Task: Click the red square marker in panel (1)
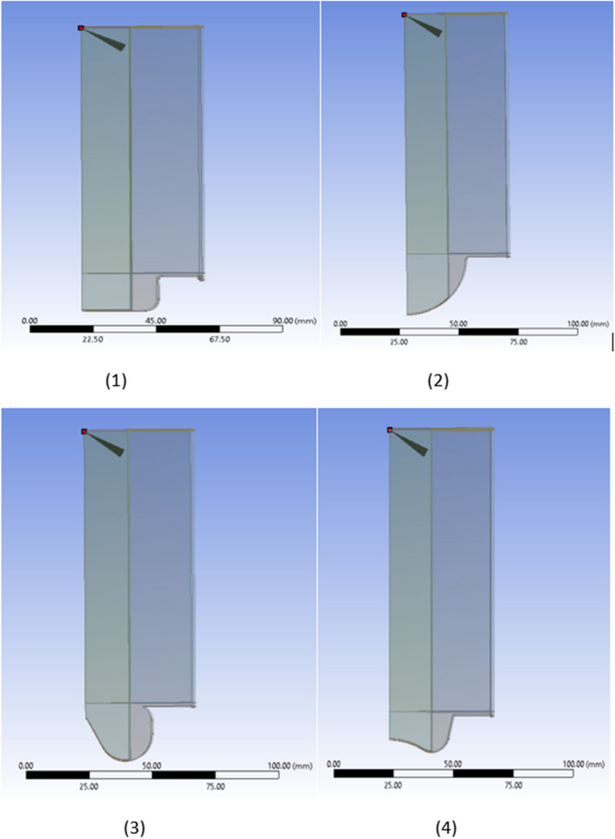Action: pos(81,28)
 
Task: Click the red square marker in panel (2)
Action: pos(404,14)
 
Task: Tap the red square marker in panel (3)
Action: pos(83,431)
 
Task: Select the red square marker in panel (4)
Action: pos(390,430)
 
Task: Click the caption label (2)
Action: pos(437,380)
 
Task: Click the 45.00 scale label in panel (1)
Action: pos(155,320)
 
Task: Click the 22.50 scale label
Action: pos(93,340)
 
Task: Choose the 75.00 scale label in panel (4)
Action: pos(514,784)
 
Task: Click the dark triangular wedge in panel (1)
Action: pos(110,39)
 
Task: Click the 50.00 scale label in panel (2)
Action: pos(459,323)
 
